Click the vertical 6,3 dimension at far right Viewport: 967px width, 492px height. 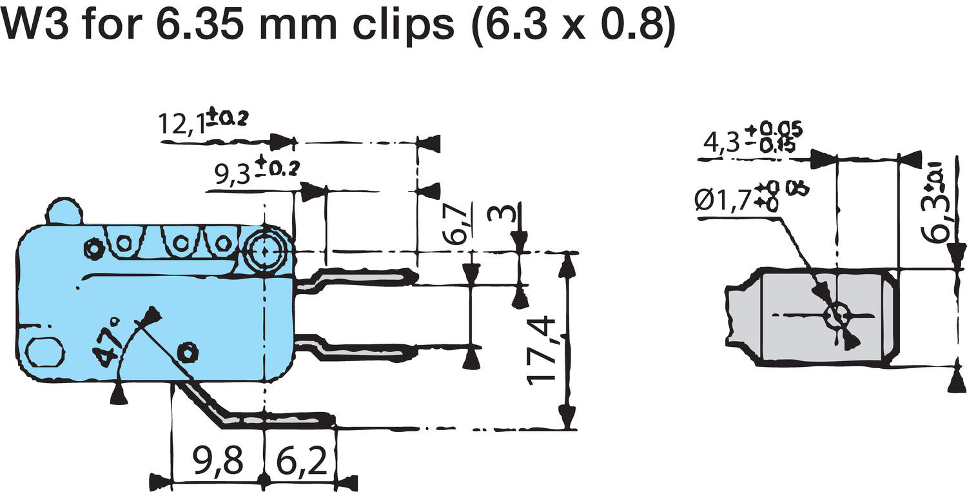tap(941, 216)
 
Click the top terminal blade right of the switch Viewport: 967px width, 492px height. tap(361, 278)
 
